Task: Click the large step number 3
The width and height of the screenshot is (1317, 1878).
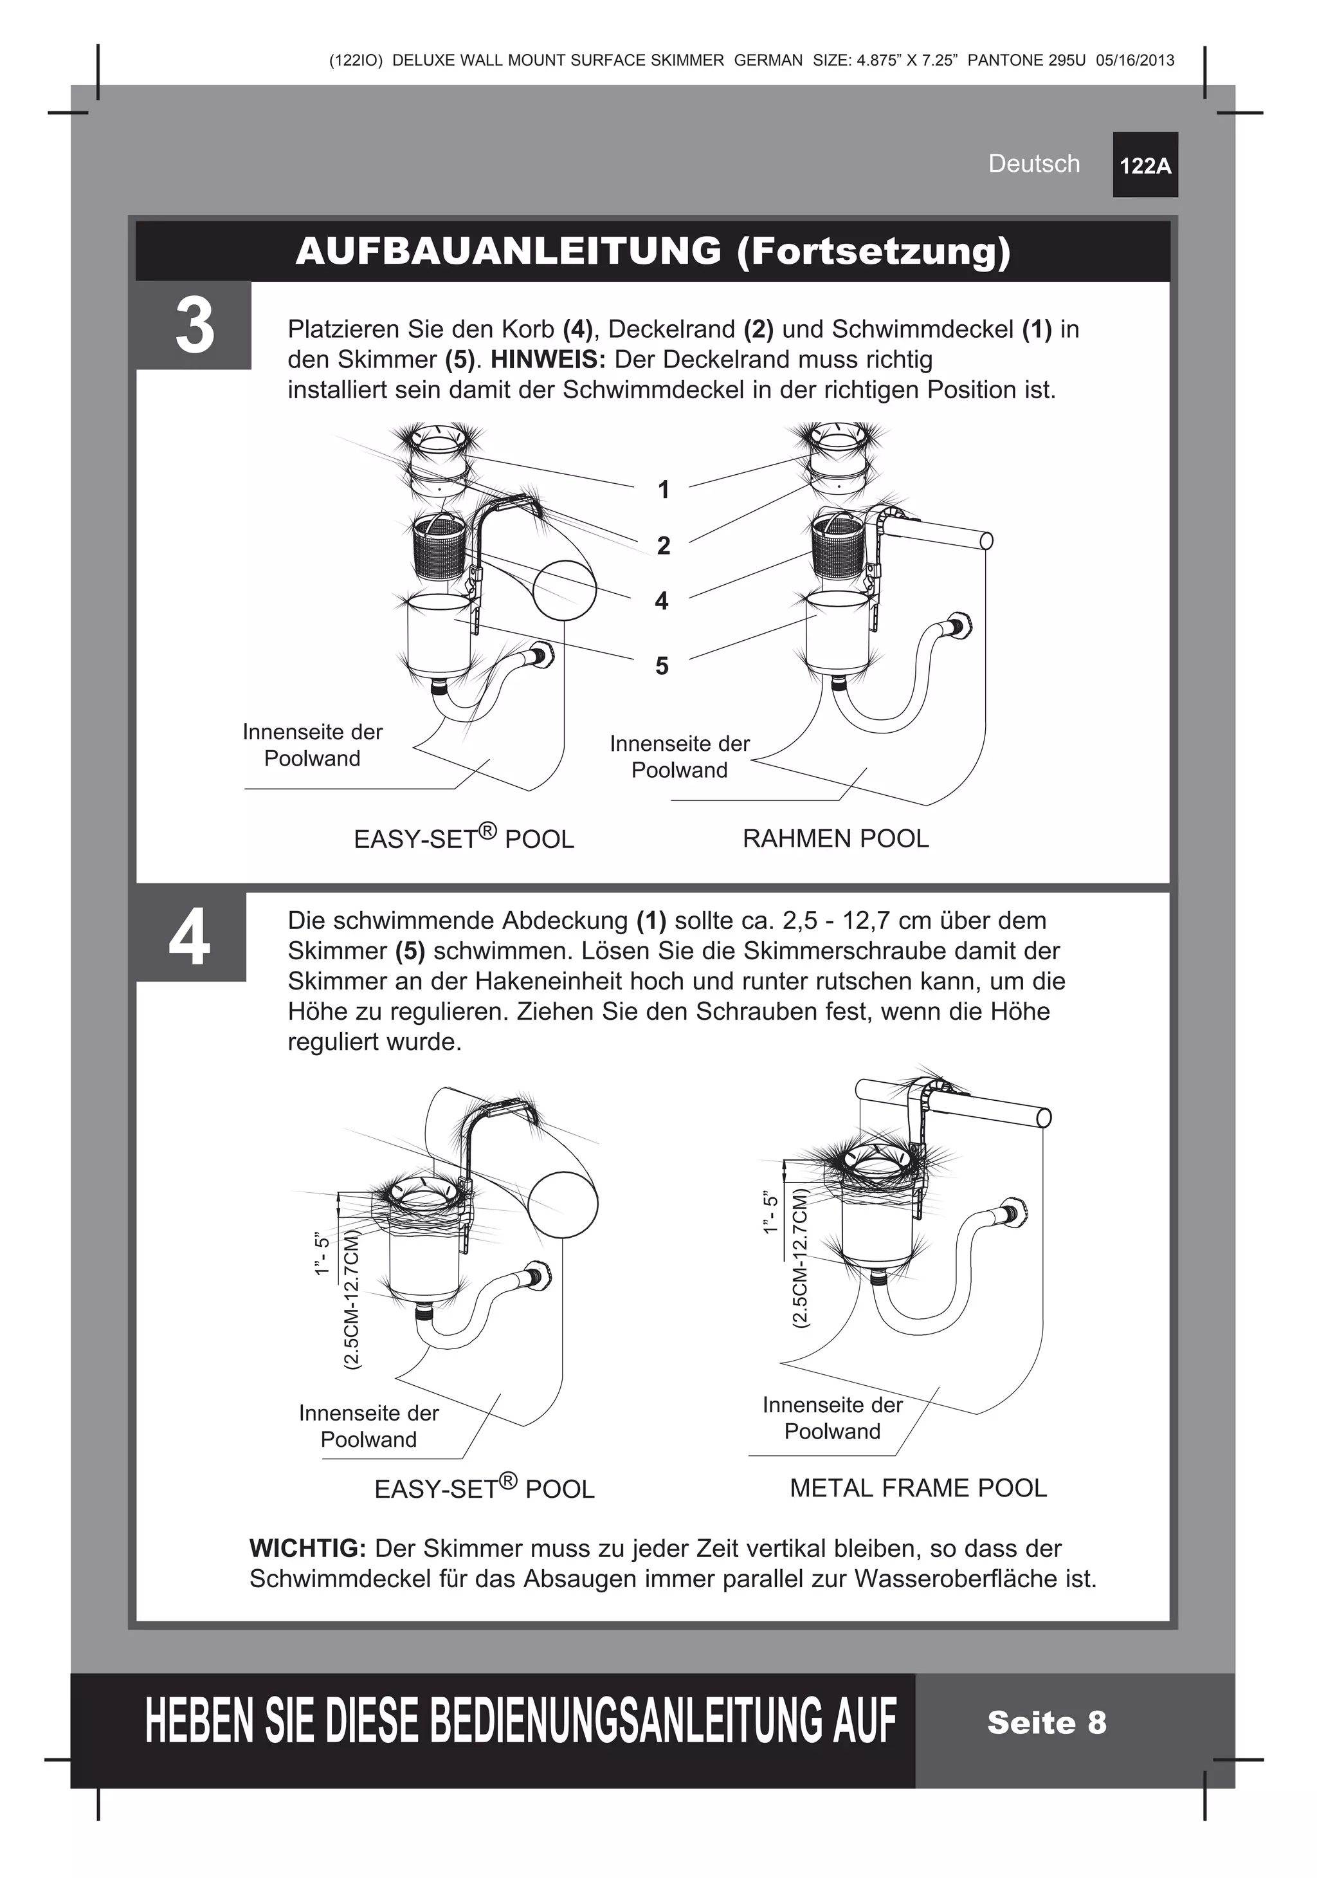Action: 195,326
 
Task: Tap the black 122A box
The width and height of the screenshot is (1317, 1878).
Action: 1145,165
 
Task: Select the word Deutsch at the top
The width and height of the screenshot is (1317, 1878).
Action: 1033,163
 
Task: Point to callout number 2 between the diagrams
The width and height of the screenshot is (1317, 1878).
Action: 663,545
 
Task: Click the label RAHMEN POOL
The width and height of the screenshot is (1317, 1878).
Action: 835,838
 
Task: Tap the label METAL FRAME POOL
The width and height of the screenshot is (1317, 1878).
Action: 918,1488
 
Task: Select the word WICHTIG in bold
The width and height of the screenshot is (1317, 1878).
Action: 307,1549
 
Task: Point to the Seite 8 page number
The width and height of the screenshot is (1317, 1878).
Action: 1046,1722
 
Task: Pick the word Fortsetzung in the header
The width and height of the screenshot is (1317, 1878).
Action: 873,251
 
